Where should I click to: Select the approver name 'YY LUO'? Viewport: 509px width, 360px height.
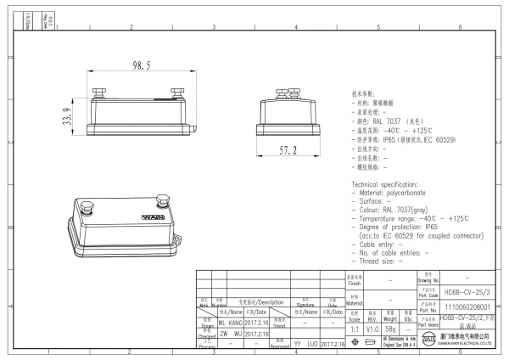tap(307, 345)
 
